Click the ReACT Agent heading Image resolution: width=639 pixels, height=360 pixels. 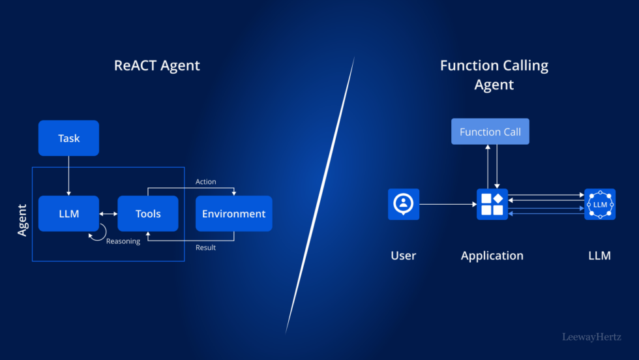pyautogui.click(x=156, y=65)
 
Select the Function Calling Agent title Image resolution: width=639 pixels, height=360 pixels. pyautogui.click(x=494, y=75)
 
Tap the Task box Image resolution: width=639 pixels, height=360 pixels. pyautogui.click(x=68, y=138)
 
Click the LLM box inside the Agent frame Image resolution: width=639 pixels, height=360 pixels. pyautogui.click(x=68, y=213)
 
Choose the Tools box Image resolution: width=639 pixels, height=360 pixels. pyautogui.click(x=148, y=213)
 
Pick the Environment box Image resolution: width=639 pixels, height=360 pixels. pyautogui.click(x=233, y=213)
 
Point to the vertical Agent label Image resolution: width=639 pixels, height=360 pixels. pyautogui.click(x=22, y=220)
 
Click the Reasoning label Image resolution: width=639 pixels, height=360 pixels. pyautogui.click(x=123, y=241)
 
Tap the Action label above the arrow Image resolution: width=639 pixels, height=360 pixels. pyautogui.click(x=205, y=182)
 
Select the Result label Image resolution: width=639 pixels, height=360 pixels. pyautogui.click(x=205, y=247)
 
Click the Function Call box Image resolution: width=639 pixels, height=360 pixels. pyautogui.click(x=490, y=132)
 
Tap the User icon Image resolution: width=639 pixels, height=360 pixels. pyautogui.click(x=404, y=204)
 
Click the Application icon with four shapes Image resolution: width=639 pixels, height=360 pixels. pyautogui.click(x=492, y=204)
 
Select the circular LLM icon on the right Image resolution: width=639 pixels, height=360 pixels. pyautogui.click(x=600, y=204)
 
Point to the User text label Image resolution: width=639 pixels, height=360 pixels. pyautogui.click(x=403, y=256)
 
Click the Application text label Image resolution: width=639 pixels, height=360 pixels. pyautogui.click(x=492, y=256)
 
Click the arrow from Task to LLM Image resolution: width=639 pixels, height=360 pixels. pyautogui.click(x=68, y=175)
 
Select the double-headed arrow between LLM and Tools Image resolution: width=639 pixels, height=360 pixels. pyautogui.click(x=108, y=213)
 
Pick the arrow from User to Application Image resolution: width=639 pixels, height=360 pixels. pyautogui.click(x=447, y=204)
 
